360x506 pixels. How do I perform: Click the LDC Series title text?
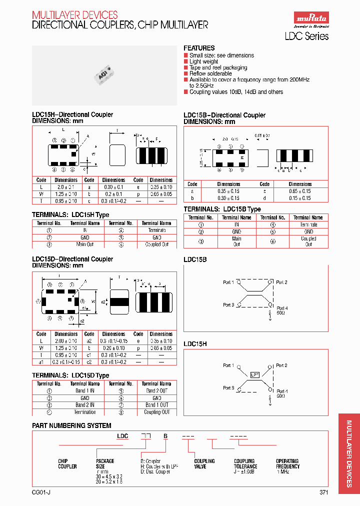[x=306, y=36]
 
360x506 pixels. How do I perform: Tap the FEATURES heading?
[x=199, y=48]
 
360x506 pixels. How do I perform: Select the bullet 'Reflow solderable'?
[x=211, y=73]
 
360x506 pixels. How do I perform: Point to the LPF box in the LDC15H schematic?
[x=255, y=374]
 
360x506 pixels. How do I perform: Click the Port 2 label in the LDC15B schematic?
[x=282, y=282]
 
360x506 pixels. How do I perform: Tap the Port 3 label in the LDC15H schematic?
[x=228, y=387]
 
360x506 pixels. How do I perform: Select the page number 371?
[x=323, y=492]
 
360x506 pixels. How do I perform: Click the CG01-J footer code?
[x=40, y=492]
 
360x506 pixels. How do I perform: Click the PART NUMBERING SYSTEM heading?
[x=71, y=425]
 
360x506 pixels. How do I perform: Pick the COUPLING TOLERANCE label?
[x=244, y=463]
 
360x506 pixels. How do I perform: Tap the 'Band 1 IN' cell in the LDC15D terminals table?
[x=85, y=390]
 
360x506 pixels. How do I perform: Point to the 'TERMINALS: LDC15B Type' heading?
[x=222, y=209]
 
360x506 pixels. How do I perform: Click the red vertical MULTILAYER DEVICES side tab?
[x=349, y=453]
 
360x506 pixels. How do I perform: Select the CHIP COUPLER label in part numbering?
[x=67, y=463]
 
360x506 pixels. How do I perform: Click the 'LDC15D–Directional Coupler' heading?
[x=72, y=259]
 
